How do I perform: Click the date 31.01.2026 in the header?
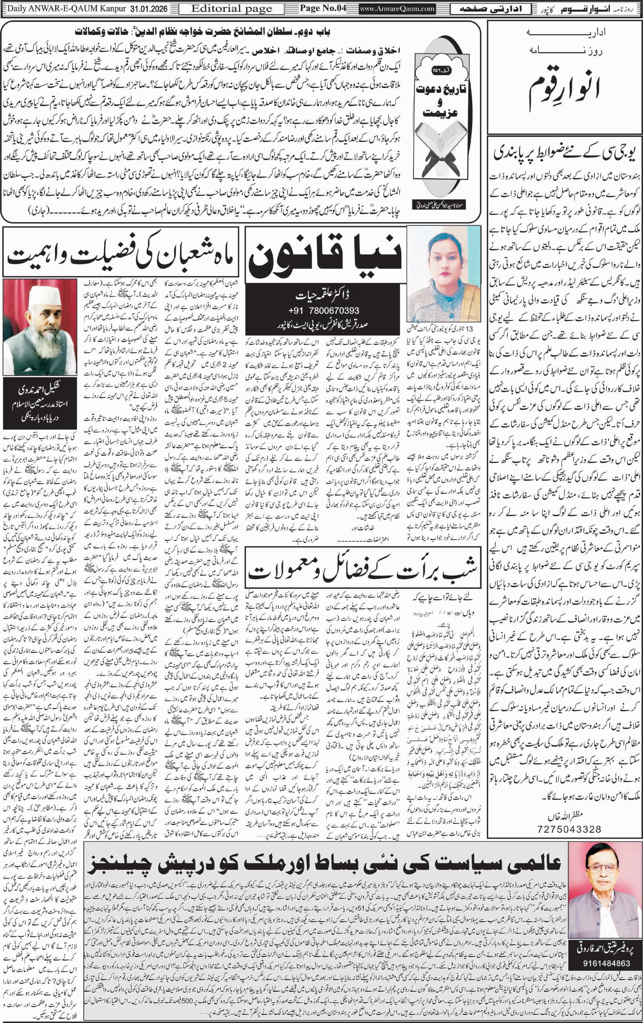tap(146, 9)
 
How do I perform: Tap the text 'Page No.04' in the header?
tap(322, 8)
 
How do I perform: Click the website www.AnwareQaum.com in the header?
tap(397, 9)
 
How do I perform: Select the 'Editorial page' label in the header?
tap(231, 9)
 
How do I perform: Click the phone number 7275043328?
tap(569, 829)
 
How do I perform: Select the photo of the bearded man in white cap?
tap(40, 327)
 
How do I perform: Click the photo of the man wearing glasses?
tap(606, 884)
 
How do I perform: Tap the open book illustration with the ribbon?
tap(446, 159)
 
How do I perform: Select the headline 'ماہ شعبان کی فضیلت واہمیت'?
tap(120, 257)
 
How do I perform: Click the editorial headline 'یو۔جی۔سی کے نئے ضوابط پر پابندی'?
tap(565, 154)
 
